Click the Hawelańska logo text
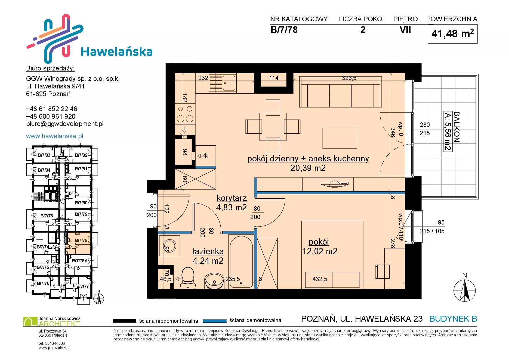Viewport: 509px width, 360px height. tap(117, 51)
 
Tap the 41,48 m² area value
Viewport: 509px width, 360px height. tap(452, 34)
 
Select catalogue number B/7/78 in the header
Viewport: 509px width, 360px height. tap(284, 30)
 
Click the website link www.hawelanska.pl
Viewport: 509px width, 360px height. tap(54, 136)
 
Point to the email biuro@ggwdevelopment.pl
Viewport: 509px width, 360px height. tap(65, 124)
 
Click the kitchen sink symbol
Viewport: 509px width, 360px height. tap(223, 83)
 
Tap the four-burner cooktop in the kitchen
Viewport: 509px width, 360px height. tap(185, 114)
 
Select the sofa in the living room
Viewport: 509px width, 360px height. tap(340, 92)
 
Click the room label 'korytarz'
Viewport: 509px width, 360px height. tap(232, 198)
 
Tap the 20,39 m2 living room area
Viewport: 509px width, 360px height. tap(308, 168)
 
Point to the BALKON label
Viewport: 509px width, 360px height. tap(456, 127)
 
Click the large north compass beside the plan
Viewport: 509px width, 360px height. tap(465, 290)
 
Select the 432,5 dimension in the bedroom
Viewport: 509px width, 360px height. tap(320, 279)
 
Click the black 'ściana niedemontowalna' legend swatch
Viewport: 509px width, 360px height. tap(124, 321)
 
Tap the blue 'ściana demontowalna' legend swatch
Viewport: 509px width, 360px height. tap(215, 321)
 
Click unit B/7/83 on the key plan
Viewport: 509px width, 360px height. tap(44, 155)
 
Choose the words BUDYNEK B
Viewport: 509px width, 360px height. tap(453, 319)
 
